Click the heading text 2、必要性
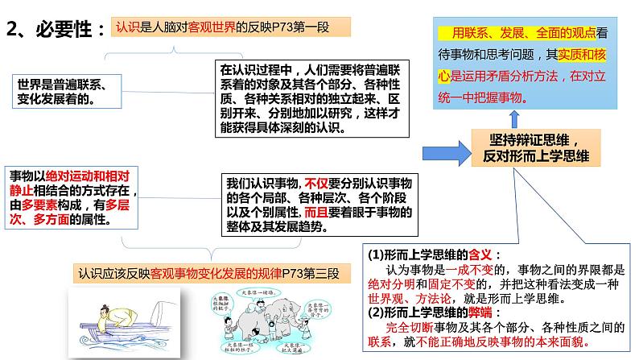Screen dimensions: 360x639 click(55, 30)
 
